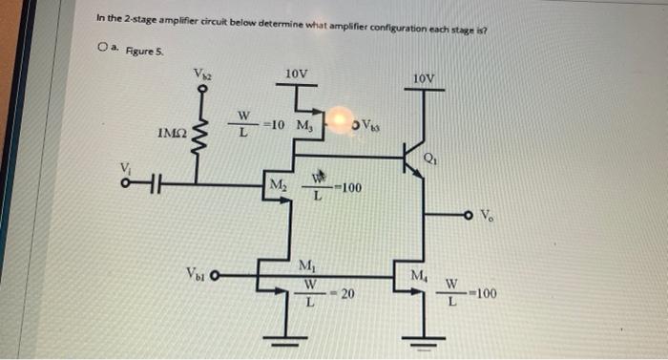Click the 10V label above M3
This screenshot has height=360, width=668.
coord(297,73)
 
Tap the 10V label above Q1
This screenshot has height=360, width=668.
coord(426,77)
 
